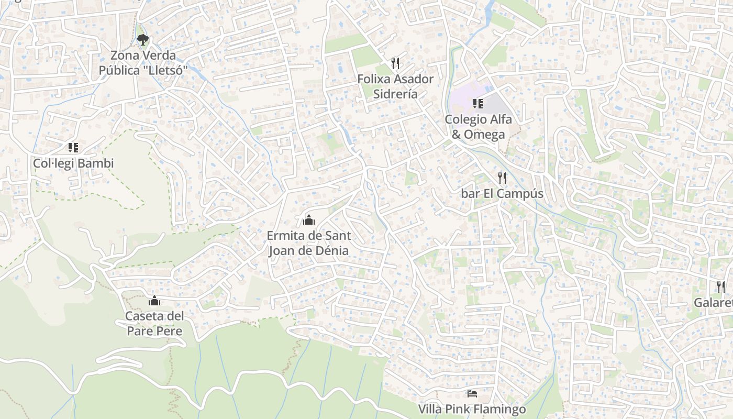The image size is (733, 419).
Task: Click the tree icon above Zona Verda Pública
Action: [142, 39]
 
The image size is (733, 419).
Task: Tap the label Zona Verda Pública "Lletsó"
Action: [143, 63]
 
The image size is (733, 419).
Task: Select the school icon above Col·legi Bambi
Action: [73, 148]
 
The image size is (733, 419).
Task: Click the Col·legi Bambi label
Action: [73, 163]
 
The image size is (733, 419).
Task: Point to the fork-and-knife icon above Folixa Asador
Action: [395, 63]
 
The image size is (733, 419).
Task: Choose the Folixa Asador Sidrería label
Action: [395, 86]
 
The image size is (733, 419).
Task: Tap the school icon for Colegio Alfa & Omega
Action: [477, 103]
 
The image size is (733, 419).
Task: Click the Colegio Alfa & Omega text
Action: [478, 127]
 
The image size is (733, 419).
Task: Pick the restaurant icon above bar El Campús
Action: [502, 178]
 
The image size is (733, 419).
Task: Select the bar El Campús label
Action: [502, 194]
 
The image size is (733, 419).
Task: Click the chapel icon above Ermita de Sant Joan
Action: [309, 220]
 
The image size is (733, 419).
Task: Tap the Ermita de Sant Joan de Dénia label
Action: [309, 243]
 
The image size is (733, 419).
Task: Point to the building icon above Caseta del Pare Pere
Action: [154, 301]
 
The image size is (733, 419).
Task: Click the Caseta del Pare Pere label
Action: [154, 324]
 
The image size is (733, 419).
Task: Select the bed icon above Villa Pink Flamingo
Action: [472, 393]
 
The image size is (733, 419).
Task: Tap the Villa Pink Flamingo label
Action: [472, 409]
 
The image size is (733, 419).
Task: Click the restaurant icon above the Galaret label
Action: [721, 286]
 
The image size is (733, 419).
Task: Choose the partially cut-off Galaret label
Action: [713, 303]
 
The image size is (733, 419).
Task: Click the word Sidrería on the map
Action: [395, 94]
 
